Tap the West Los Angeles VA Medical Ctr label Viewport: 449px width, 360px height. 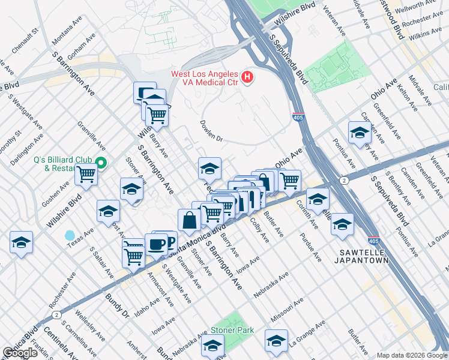pos(205,78)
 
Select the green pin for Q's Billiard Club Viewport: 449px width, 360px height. pos(101,163)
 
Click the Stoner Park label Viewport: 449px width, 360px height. pos(232,331)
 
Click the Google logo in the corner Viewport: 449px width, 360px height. pos(19,353)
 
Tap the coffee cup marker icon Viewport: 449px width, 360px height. pos(157,245)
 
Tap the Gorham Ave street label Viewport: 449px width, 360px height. pos(81,46)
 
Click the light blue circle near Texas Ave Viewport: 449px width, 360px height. pos(70,235)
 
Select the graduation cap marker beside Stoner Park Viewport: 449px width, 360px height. pos(212,346)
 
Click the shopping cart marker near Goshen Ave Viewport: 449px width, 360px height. pos(86,175)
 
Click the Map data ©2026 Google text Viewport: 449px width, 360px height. pos(412,355)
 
